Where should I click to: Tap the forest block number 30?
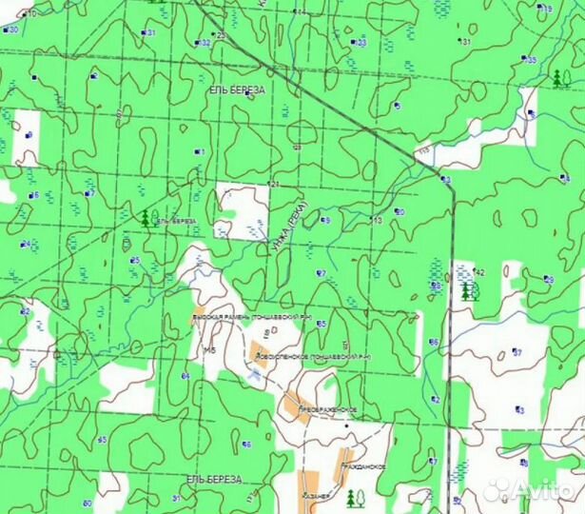12,30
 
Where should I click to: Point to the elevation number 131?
466,42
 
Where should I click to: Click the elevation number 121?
274,183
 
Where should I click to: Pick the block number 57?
518,352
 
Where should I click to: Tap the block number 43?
519,409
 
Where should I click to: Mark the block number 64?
185,377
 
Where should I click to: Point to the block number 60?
87,503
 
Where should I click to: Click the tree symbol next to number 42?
467,289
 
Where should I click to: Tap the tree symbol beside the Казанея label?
353,496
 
